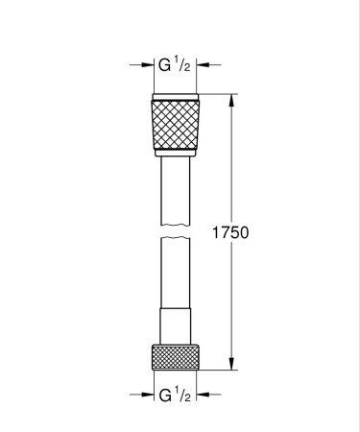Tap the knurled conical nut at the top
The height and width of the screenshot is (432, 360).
coord(175,124)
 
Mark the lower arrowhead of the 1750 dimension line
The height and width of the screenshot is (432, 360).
coord(232,362)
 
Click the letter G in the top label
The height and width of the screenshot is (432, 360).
coord(163,66)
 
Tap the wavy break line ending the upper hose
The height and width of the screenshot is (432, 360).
coord(175,228)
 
